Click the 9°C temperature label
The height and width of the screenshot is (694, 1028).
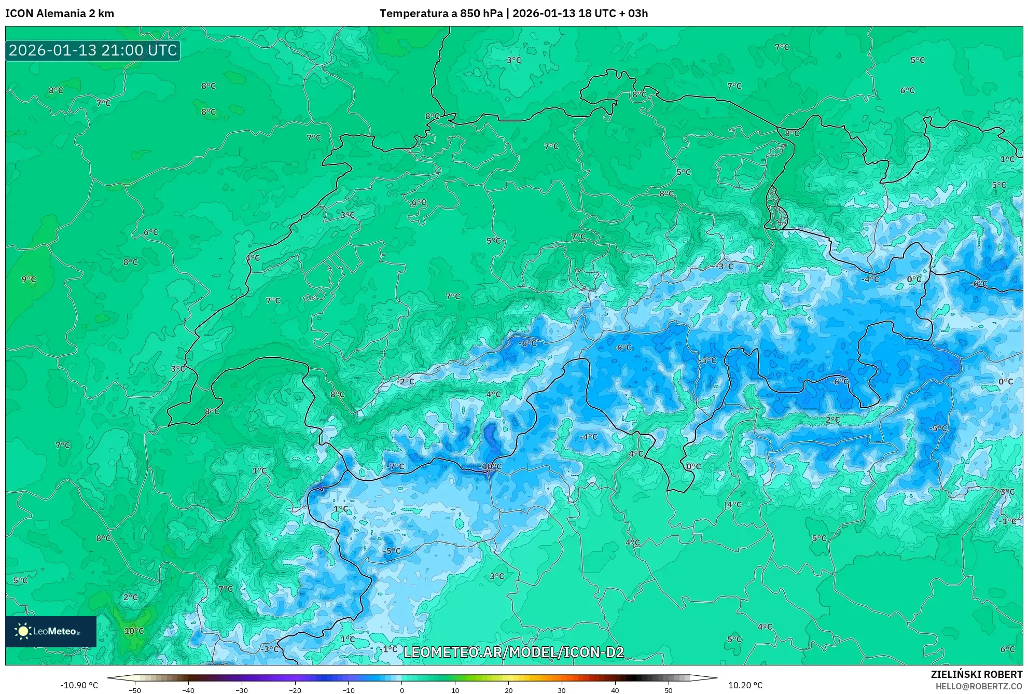29,280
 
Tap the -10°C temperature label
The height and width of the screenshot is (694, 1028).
491,467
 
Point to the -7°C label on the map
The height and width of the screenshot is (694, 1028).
396,467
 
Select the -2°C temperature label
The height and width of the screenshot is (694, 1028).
406,382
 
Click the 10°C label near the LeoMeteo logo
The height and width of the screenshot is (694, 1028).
134,631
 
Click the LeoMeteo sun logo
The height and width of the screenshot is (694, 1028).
23,631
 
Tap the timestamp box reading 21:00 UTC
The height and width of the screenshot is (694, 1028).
93,51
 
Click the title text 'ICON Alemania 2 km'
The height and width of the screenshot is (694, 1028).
60,13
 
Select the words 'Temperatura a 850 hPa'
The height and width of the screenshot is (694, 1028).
441,13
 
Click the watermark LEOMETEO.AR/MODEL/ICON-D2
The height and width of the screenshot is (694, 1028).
513,653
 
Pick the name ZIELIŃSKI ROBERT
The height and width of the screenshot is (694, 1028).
977,674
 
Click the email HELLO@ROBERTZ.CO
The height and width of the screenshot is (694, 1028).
979,686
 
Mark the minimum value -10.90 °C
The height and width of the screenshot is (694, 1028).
79,685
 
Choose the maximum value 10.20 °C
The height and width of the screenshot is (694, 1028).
745,685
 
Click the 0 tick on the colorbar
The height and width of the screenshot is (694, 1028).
401,690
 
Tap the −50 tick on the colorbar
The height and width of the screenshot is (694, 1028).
135,690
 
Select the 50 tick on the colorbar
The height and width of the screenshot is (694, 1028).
668,690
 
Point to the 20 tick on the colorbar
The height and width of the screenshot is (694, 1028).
508,690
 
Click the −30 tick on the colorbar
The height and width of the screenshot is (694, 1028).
242,690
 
